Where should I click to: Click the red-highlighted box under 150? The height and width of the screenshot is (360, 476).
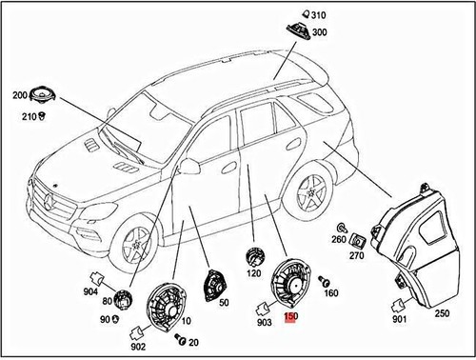coord(291,323)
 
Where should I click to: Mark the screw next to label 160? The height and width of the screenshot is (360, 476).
coord(324,281)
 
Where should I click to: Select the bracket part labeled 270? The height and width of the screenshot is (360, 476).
coord(357,241)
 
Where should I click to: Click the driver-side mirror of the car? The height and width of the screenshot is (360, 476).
coord(189,169)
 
